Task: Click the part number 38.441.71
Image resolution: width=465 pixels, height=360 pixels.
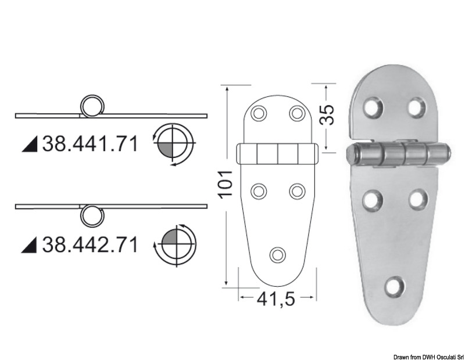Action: [x=91, y=143]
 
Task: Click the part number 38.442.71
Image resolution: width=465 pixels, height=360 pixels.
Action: [x=91, y=244]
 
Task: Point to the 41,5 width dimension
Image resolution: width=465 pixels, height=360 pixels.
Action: [x=276, y=300]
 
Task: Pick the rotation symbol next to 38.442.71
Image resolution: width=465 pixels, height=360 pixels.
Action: [x=174, y=244]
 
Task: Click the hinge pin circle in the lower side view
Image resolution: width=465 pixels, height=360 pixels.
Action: [x=90, y=215]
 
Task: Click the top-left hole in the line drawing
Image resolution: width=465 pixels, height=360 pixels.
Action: [x=259, y=112]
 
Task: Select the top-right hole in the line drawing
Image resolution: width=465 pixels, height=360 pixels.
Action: [x=298, y=112]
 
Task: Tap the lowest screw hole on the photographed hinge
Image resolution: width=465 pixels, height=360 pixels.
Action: [x=395, y=285]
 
